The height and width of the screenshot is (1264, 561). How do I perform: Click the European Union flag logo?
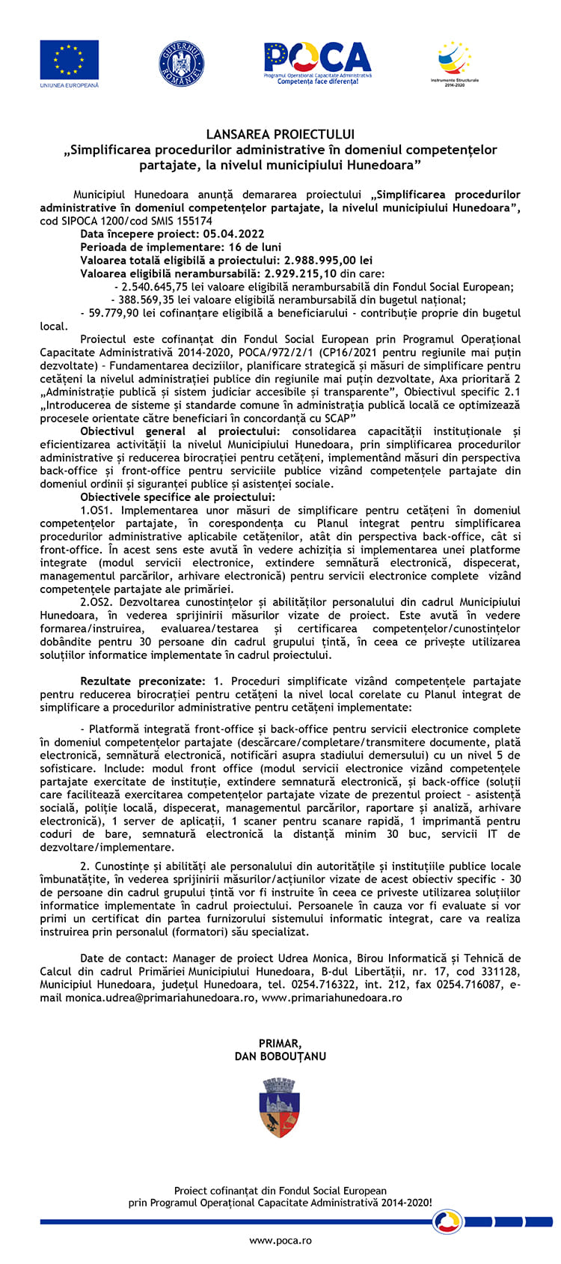69,60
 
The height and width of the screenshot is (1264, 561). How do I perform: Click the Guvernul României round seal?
181,63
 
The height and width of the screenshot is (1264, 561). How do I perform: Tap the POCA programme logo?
317,61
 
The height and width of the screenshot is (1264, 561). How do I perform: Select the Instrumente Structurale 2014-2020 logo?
454,61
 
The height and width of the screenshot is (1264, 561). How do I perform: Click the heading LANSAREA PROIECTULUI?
280,135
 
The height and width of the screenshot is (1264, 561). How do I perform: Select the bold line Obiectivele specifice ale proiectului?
178,497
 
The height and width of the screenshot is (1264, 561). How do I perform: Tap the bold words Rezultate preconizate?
142,681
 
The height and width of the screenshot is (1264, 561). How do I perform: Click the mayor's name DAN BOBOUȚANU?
280,1056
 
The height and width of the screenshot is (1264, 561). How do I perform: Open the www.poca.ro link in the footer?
280,1241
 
